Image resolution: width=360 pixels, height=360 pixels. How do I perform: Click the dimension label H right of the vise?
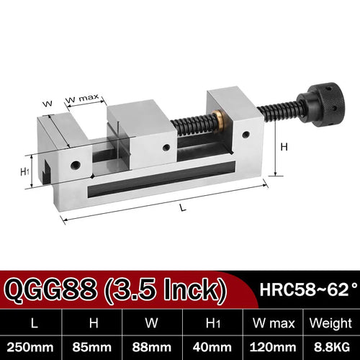point(283,147)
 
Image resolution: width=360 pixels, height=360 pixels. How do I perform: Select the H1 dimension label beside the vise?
point(25,171)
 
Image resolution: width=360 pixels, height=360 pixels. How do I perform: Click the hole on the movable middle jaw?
point(166,147)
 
